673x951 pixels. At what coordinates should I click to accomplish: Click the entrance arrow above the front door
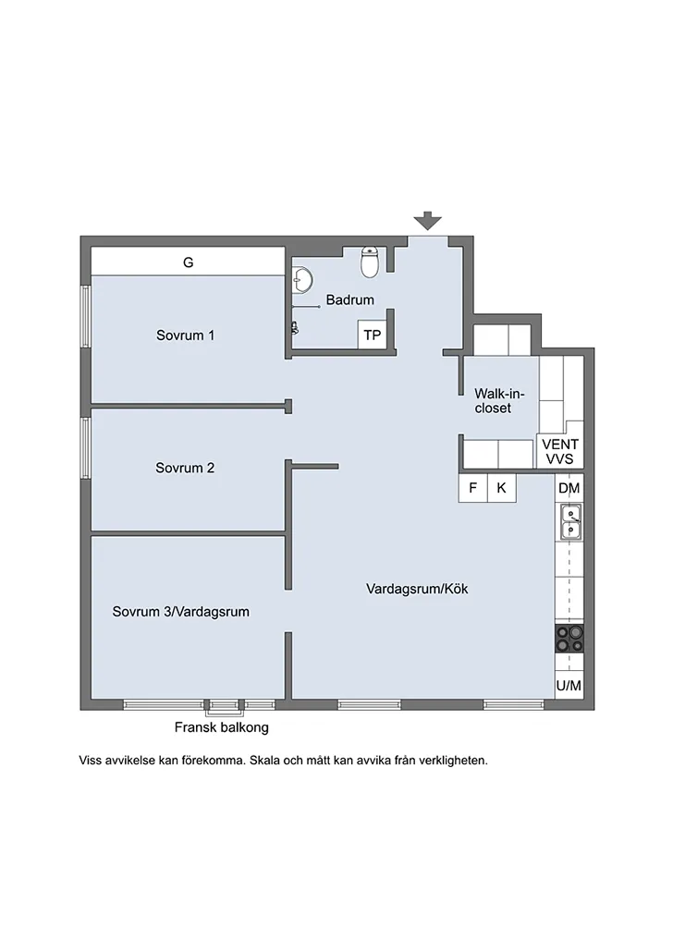click(428, 221)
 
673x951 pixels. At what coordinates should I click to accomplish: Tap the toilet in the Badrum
click(370, 262)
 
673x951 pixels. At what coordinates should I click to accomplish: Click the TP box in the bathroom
click(372, 335)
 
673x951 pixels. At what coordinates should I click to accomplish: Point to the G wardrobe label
click(188, 262)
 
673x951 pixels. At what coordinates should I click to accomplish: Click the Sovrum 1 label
click(185, 335)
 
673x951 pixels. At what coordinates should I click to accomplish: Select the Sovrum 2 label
click(185, 468)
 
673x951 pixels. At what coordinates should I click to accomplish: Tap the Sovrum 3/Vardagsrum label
click(181, 612)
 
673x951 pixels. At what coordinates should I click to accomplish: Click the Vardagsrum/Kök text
click(417, 589)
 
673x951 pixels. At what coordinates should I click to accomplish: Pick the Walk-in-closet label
click(499, 401)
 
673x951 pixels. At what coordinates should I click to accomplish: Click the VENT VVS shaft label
click(560, 452)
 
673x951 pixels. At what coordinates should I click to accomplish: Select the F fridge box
click(472, 488)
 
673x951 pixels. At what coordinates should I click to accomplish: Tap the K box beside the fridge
click(501, 488)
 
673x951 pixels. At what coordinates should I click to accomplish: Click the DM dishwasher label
click(569, 488)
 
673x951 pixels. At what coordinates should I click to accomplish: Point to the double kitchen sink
click(569, 522)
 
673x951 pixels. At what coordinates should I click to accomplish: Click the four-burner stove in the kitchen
click(569, 639)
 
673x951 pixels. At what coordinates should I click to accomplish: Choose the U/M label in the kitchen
click(569, 686)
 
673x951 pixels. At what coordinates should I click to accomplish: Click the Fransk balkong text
click(222, 727)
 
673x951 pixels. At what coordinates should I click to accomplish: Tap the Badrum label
click(349, 299)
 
